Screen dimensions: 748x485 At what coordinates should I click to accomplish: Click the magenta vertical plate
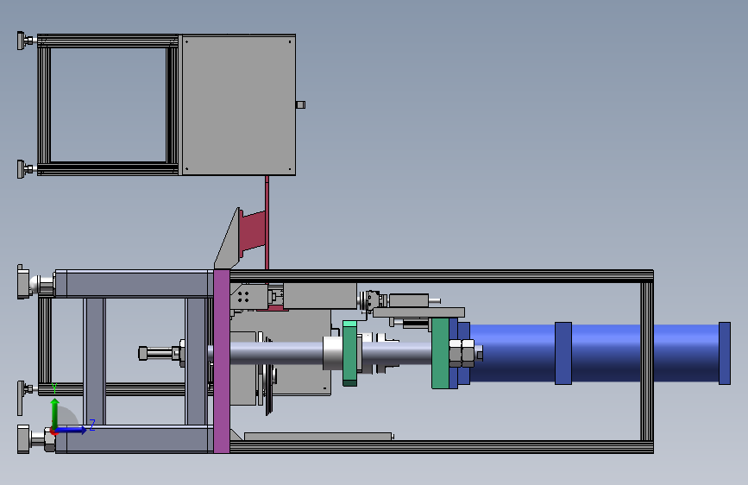click(x=222, y=361)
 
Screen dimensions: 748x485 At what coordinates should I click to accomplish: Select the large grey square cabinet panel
click(x=237, y=104)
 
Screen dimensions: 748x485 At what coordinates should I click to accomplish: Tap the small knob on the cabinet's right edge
click(x=300, y=104)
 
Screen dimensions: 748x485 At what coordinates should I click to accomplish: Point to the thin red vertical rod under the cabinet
click(x=267, y=223)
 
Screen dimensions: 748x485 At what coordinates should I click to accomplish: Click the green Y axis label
click(x=54, y=388)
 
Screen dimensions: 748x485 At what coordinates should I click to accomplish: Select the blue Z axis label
click(x=92, y=425)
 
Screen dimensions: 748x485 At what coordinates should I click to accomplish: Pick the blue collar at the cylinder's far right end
click(x=724, y=353)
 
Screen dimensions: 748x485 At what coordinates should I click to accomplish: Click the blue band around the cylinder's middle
click(x=563, y=353)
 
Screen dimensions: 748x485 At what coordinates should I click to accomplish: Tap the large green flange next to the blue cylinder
click(x=440, y=353)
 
